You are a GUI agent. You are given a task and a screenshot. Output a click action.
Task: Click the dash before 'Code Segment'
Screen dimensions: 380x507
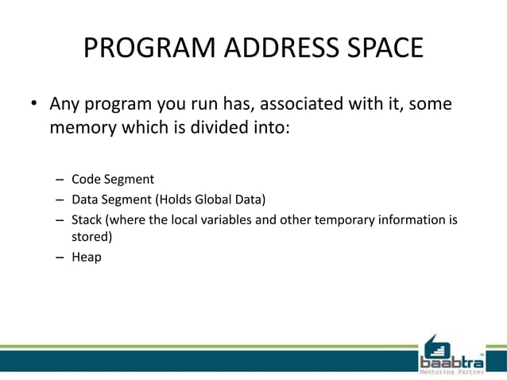pos(60,180)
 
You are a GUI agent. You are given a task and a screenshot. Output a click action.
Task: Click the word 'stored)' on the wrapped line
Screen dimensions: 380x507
pos(92,237)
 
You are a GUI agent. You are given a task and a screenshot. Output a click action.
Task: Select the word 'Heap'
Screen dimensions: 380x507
pos(87,257)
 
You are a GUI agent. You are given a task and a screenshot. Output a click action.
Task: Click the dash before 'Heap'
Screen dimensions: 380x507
pos(60,258)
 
